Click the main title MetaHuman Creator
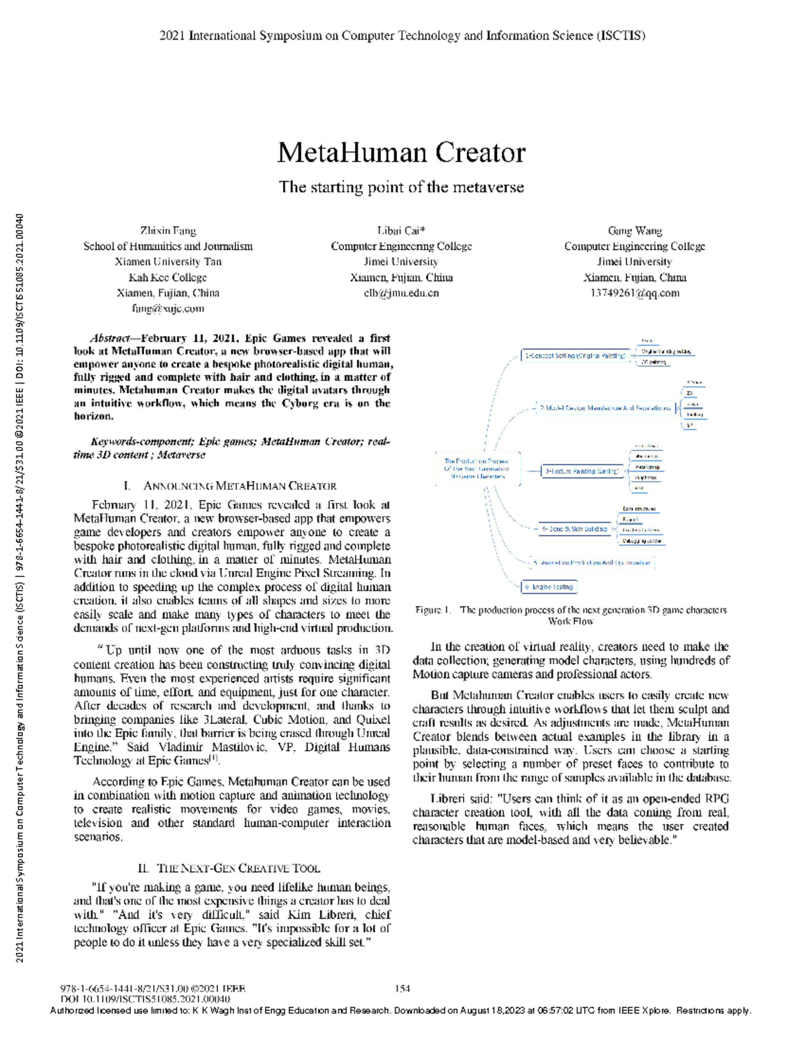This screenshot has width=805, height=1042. [401, 153]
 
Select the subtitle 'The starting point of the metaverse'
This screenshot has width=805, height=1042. [401, 187]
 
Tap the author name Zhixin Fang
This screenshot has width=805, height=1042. [168, 231]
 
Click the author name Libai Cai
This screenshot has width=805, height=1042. [400, 231]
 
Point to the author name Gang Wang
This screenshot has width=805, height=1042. [635, 231]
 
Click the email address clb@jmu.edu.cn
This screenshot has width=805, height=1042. [401, 293]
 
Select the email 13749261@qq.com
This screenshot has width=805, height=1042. [635, 293]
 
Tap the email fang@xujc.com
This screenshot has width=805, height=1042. [168, 309]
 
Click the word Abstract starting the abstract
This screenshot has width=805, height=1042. [109, 338]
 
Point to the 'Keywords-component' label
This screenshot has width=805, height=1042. [142, 441]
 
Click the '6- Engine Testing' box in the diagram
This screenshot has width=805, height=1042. [549, 587]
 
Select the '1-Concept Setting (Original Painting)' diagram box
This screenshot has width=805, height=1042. [575, 356]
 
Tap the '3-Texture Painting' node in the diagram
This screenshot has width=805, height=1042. [582, 471]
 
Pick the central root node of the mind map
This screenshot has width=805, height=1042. [476, 468]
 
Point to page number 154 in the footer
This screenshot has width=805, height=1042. [402, 988]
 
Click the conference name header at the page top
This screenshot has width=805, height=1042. [402, 36]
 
